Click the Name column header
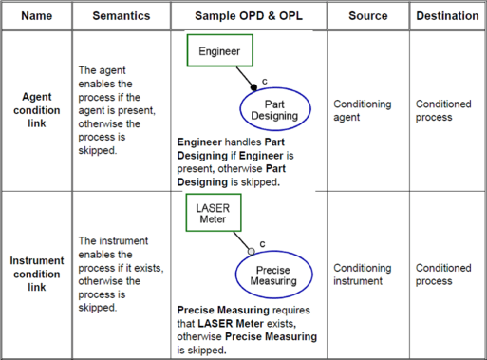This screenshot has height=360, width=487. tap(37, 16)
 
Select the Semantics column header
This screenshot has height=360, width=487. tap(122, 16)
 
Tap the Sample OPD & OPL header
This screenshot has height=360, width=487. tap(249, 16)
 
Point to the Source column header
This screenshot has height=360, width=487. tap(368, 16)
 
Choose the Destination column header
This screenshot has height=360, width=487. tap(447, 16)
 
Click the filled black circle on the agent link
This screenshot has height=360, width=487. tap(253, 87)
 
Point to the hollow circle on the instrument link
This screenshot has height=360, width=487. tap(252, 252)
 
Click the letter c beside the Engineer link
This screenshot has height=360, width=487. tap(265, 82)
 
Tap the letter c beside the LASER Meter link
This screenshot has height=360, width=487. tap(262, 244)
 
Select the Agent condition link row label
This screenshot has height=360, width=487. tap(37, 110)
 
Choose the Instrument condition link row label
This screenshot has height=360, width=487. tap(37, 274)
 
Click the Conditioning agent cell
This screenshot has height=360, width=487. tap(363, 110)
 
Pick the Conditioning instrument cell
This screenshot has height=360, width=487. tap(363, 275)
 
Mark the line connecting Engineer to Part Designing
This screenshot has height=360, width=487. tap(245, 77)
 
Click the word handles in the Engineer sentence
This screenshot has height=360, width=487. tap(243, 142)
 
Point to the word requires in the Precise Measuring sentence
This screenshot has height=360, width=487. tap(291, 311)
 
